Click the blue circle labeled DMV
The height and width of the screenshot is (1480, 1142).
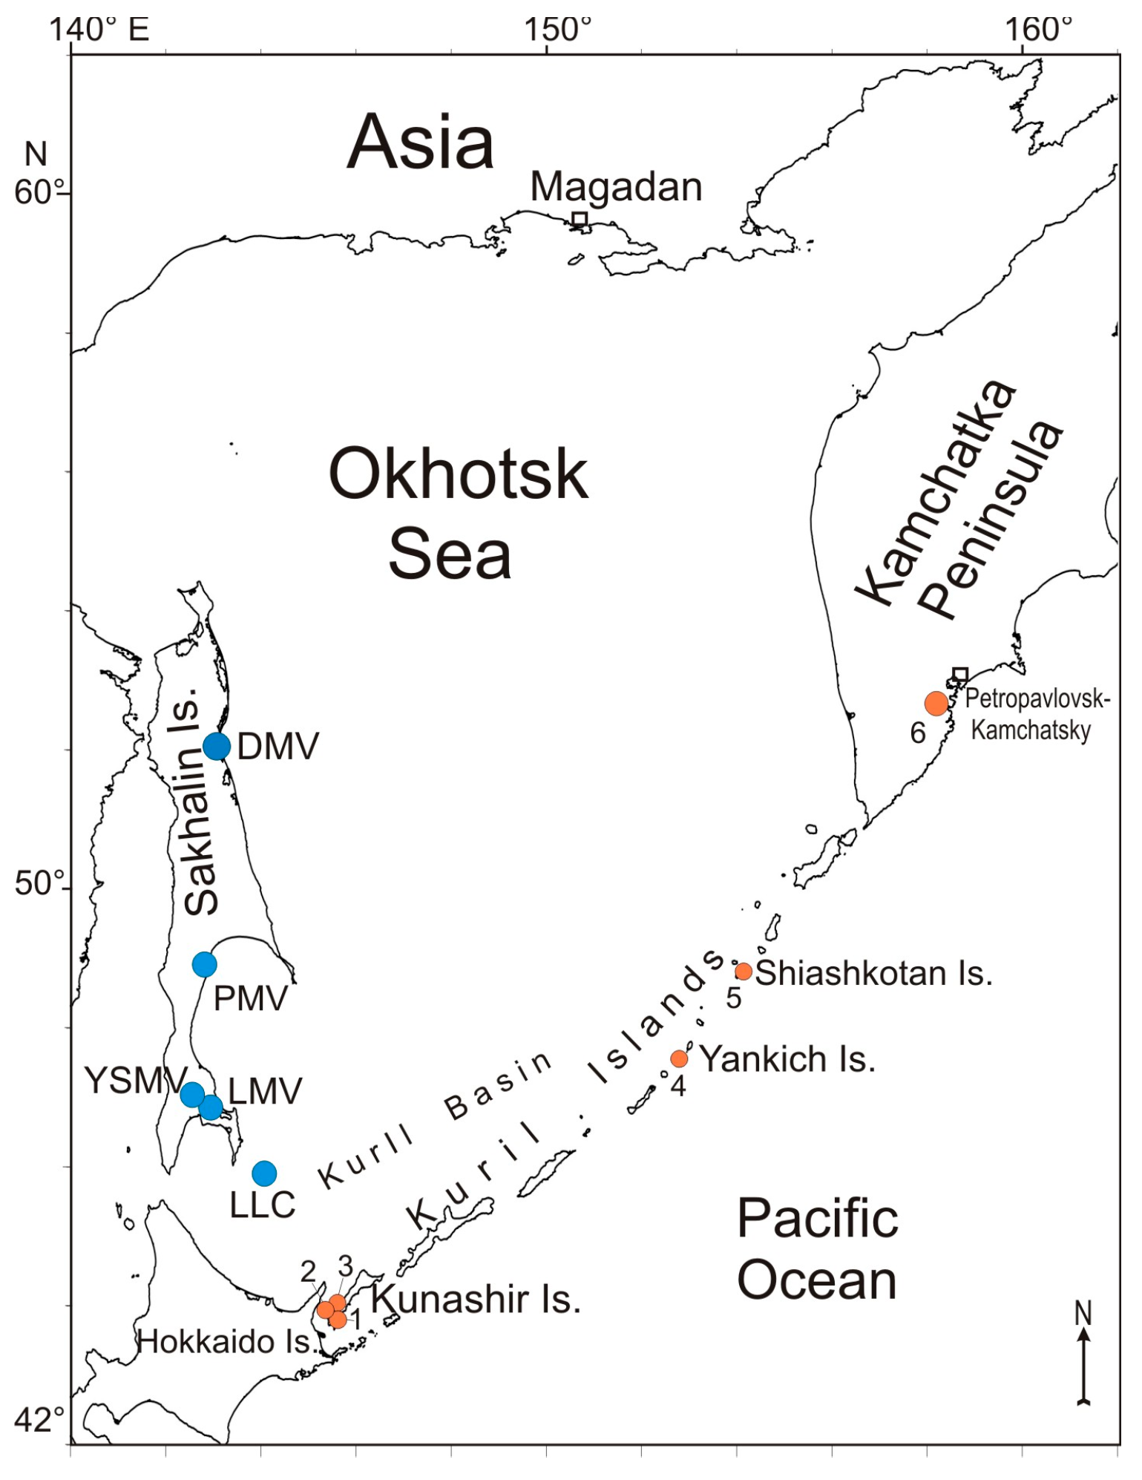click(217, 746)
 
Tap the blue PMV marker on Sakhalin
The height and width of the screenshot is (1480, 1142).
click(205, 964)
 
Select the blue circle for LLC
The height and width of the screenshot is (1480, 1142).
click(264, 1173)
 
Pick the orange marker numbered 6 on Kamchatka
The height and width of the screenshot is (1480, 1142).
click(936, 703)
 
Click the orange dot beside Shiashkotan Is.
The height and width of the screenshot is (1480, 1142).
click(744, 971)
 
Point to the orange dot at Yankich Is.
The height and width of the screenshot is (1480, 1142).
click(679, 1058)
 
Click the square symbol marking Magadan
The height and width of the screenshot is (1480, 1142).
click(580, 219)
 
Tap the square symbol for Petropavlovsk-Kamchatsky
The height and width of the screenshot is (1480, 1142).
click(960, 675)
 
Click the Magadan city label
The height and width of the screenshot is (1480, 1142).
click(616, 187)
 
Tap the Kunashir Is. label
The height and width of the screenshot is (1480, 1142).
click(476, 1299)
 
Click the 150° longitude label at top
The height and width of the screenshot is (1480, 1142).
click(558, 30)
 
